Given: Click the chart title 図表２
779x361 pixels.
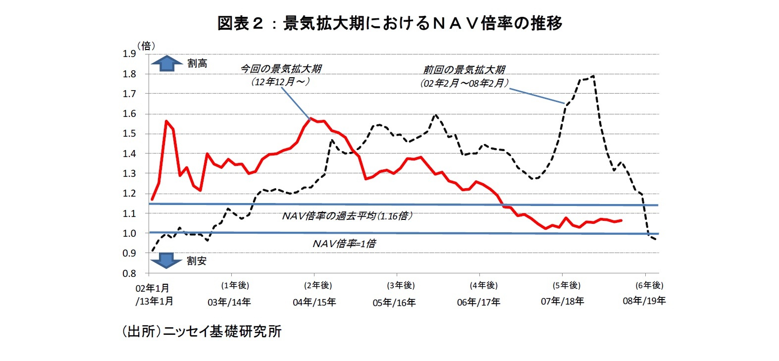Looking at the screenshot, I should click(389, 23).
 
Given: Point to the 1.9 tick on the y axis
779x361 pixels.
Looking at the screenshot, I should click(129, 54).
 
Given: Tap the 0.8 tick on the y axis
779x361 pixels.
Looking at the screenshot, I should click(129, 273).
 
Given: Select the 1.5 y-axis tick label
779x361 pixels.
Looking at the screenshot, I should click(129, 134).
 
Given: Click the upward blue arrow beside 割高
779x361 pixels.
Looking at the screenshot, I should click(167, 63).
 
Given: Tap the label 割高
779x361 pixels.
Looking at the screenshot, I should click(197, 63).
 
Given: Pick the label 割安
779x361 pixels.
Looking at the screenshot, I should click(197, 261).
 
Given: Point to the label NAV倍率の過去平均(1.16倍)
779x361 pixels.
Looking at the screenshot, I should click(347, 216).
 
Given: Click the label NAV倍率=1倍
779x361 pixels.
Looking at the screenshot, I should click(344, 243).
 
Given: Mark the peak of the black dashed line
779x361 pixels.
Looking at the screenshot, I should click(593, 76).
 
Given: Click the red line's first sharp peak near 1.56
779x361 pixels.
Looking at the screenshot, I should click(166, 121).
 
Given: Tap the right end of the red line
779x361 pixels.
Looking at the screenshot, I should click(621, 220).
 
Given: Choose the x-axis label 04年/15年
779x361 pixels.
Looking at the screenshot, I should click(314, 302).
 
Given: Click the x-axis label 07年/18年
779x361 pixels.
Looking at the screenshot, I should click(562, 301).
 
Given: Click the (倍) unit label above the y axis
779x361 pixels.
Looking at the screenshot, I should click(146, 46).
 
